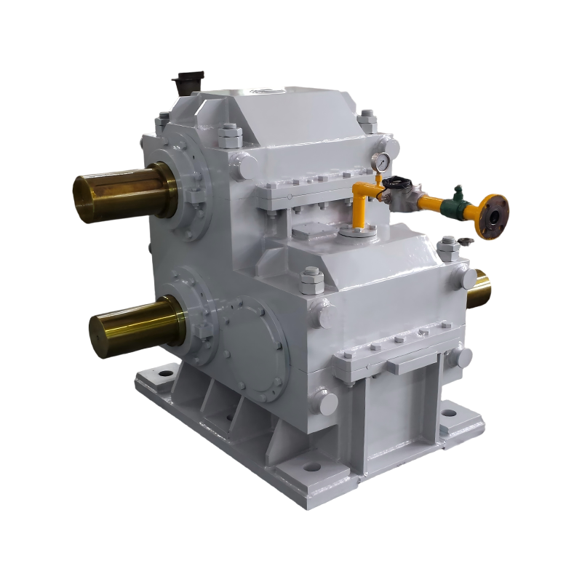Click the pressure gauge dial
point(378,162)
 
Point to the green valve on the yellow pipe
point(457,198)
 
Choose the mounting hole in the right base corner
point(449,413)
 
